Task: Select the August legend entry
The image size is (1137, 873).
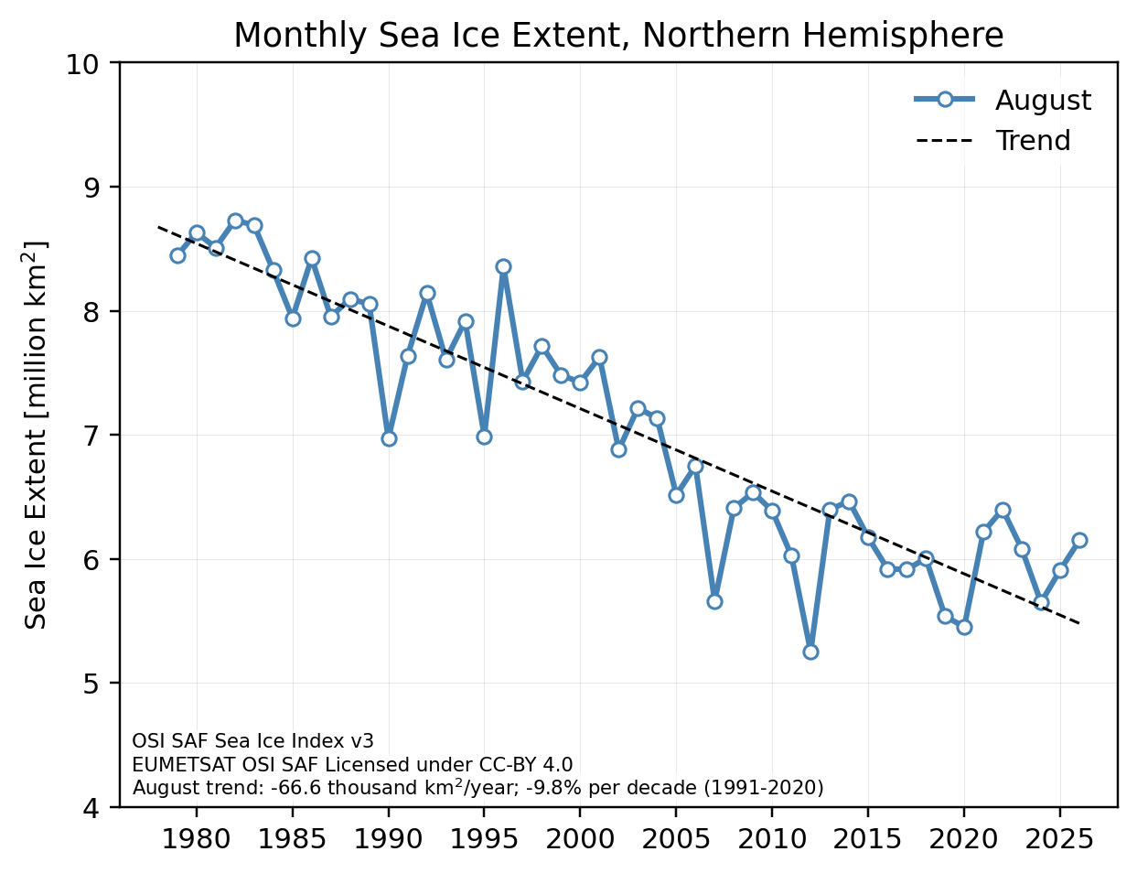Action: pos(1002,100)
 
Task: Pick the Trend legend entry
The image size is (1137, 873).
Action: pos(993,140)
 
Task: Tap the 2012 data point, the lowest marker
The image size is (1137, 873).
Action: pos(810,652)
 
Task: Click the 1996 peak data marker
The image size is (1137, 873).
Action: pos(503,266)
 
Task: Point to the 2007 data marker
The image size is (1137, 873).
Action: pos(714,601)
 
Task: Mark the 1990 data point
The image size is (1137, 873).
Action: pos(389,438)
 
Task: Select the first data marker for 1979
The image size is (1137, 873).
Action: pos(177,255)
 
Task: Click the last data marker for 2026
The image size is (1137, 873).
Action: pos(1079,540)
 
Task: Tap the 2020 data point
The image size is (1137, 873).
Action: pos(964,627)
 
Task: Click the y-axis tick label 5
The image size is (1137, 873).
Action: pos(91,683)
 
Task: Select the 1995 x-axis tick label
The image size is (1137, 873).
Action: pos(484,839)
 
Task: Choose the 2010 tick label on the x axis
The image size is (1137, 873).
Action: pos(772,839)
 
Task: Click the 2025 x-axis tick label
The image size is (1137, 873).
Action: pos(1059,839)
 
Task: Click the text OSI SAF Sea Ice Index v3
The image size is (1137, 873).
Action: pos(252,741)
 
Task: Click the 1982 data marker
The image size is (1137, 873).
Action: pos(235,221)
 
